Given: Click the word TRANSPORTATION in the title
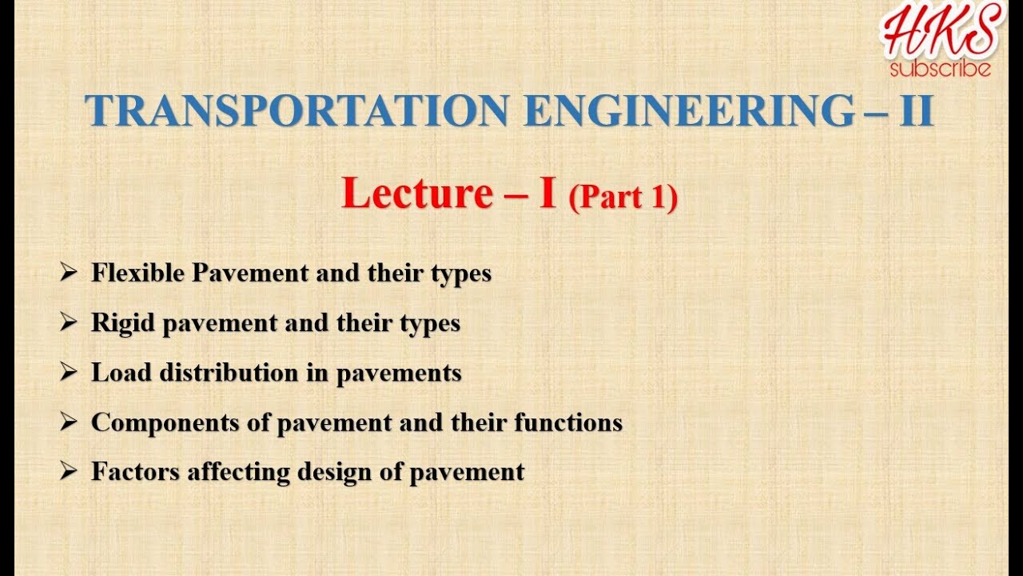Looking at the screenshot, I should tap(298, 111).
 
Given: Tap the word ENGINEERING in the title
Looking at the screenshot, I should tap(689, 111).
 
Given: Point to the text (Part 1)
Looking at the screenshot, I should tap(623, 198).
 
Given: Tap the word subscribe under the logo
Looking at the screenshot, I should tap(941, 69).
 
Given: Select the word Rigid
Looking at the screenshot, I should tap(123, 322).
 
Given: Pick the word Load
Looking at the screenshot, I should tap(119, 372).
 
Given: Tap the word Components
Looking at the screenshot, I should tap(166, 422).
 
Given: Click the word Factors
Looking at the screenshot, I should tap(136, 471).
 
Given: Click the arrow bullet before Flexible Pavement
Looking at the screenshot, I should tap(69, 273).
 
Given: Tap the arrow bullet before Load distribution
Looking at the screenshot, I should tap(69, 372).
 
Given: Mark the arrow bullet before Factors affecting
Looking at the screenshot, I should tap(69, 471).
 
